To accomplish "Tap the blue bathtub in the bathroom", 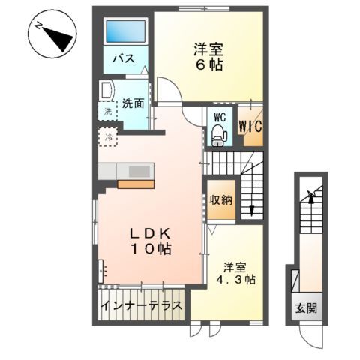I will coord(124,32).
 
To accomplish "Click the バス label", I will coord(124,59).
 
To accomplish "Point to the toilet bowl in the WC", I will coord(218,134).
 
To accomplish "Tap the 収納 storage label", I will coord(220,199).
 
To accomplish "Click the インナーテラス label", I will coord(142,306).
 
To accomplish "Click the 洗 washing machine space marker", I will coord(106,112).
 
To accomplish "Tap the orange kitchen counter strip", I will coord(135,183).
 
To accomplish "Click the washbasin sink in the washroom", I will coord(106,91).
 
